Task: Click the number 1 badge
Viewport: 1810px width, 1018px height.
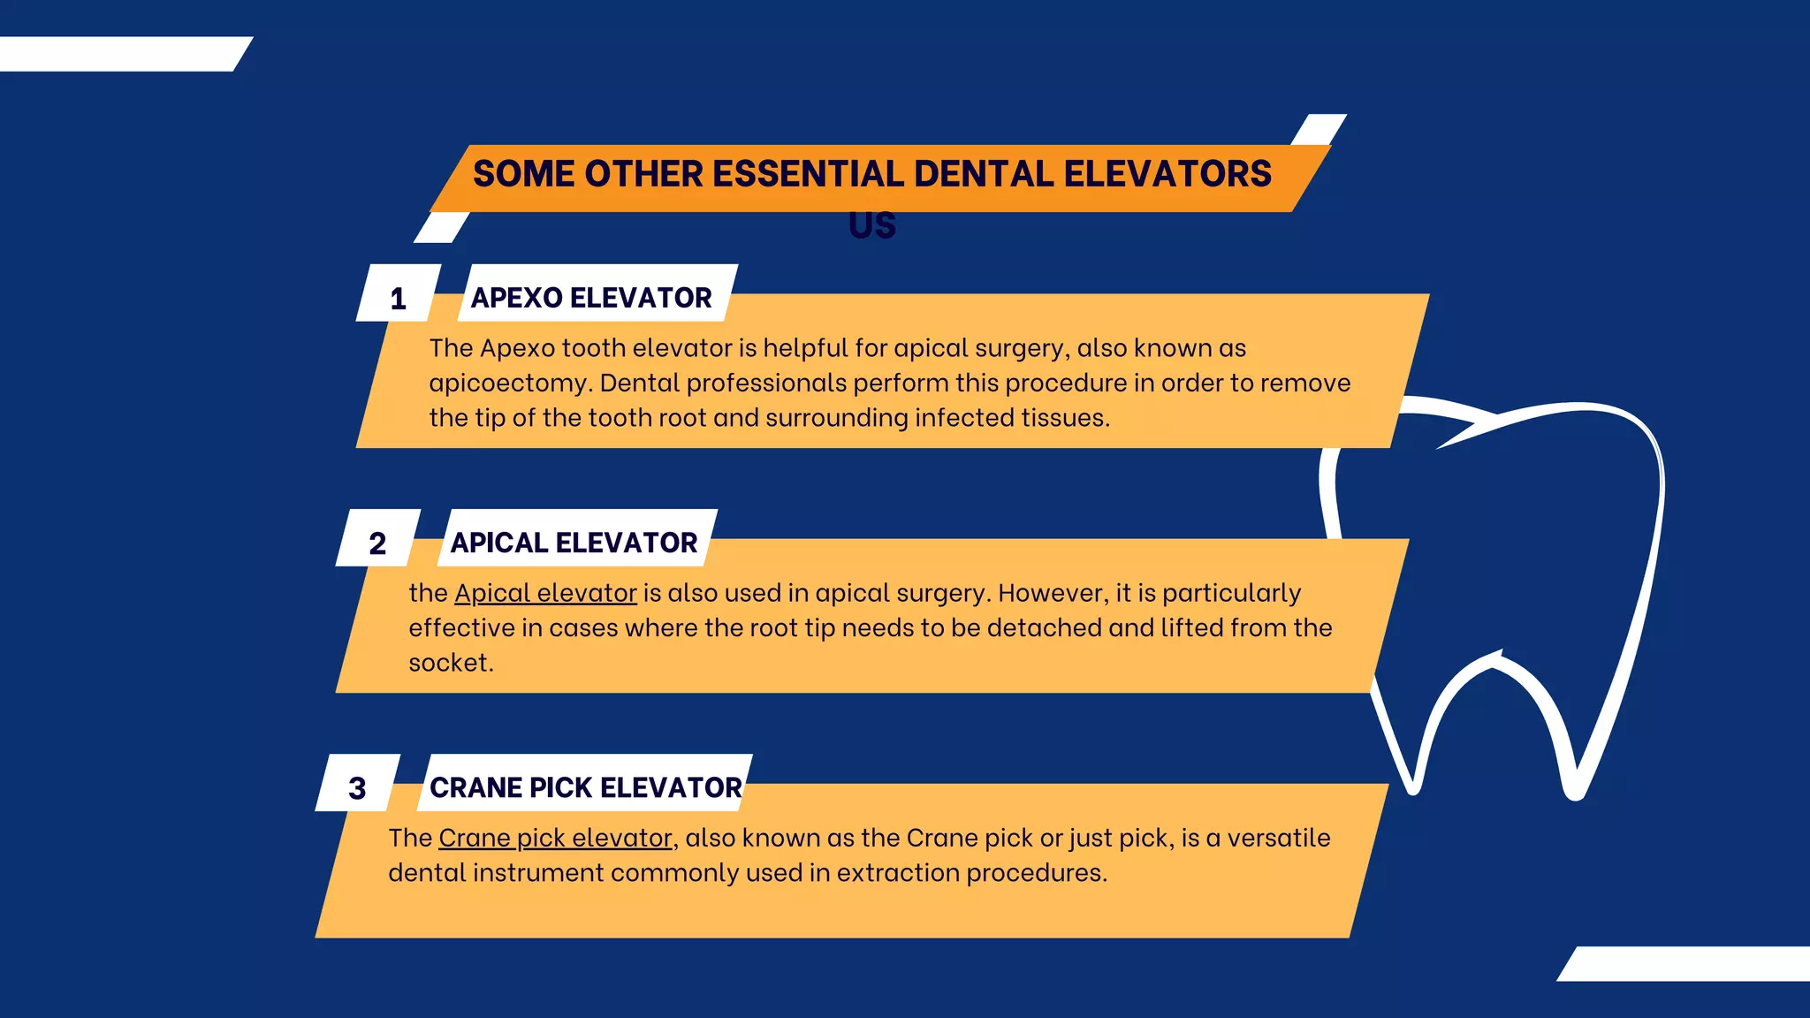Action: coord(399,299)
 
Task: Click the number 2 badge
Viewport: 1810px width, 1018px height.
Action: coord(377,543)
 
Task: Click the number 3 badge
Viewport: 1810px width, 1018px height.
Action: coord(357,787)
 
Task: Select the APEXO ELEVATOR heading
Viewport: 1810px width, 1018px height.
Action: coord(591,298)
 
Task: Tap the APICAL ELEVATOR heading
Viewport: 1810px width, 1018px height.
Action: coord(574,543)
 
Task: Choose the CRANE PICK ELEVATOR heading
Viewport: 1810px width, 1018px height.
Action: coord(585,787)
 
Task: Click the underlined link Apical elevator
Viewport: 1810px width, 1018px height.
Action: coord(545,593)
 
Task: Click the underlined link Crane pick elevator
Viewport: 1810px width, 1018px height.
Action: coord(555,838)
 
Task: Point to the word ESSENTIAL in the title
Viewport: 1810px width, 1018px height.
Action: coord(808,174)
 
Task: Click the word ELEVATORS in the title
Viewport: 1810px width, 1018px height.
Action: coord(1167,174)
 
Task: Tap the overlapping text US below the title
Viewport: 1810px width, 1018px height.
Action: coord(872,226)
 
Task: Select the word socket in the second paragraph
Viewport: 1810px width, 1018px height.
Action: coord(450,663)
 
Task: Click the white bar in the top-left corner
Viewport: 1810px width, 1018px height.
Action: coord(119,54)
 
